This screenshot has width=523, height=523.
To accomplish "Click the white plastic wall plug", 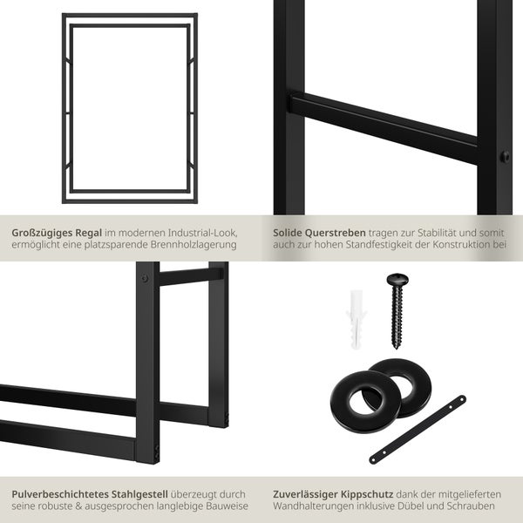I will (356, 319).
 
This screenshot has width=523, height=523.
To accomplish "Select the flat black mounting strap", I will (418, 429).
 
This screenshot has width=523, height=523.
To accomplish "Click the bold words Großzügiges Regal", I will (57, 233).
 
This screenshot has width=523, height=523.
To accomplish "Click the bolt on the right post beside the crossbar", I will (505, 157).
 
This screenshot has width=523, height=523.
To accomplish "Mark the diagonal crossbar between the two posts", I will (384, 128).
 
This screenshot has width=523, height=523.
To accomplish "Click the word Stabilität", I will (438, 233).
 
